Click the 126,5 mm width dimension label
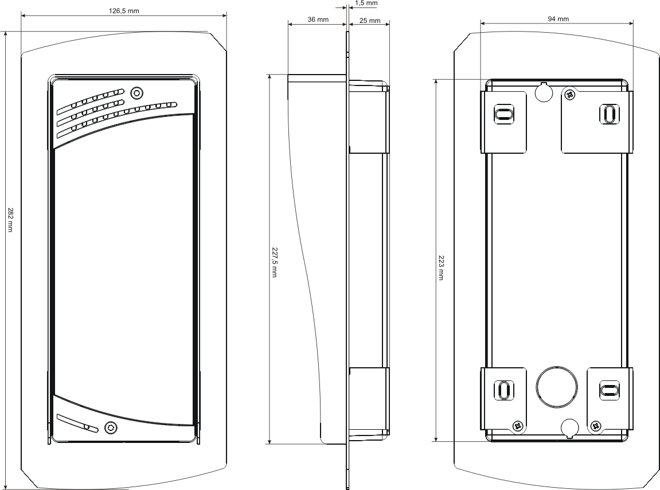coord(124,10)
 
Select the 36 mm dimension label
coord(318,20)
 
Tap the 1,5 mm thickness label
coord(366,3)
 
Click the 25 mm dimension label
coord(370,21)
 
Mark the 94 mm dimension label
coord(558,19)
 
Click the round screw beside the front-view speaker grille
coord(136,92)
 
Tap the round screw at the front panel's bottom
coord(111,427)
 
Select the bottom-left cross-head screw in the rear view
coord(518,426)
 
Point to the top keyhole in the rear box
coord(544,92)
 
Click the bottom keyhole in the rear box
coord(569,427)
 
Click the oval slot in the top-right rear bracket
coord(609,114)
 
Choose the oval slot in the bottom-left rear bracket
coord(503,391)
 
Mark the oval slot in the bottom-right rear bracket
coord(608,390)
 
